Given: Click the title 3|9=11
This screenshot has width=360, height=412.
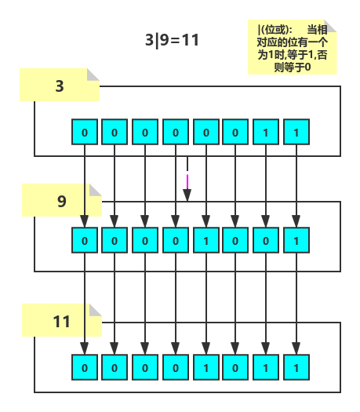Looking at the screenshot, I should tap(172, 39).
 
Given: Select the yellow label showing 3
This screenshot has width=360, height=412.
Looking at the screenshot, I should tap(60, 86).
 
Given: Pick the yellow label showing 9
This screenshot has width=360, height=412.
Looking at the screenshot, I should tap(61, 201).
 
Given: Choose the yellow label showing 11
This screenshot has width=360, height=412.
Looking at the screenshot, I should tap(61, 321).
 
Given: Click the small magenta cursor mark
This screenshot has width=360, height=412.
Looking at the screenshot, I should tap(187, 179).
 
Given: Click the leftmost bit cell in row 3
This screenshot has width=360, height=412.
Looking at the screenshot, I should tap(84, 132).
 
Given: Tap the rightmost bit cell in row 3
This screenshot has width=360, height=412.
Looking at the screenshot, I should tap(296, 132).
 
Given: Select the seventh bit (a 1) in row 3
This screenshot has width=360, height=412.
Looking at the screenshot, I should tap(266, 132).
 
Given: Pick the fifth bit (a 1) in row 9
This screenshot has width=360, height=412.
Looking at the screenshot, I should tap(205, 240).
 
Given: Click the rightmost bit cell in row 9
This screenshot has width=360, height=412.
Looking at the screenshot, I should tap(296, 240).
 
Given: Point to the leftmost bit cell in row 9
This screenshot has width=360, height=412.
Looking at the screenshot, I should tap(84, 240).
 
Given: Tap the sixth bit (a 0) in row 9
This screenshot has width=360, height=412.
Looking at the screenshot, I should tap(235, 240).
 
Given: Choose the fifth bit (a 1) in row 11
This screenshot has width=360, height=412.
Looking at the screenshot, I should tap(205, 367).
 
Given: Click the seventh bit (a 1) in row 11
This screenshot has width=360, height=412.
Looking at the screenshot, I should tap(266, 367).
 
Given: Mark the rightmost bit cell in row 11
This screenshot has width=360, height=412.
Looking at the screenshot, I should tap(296, 367).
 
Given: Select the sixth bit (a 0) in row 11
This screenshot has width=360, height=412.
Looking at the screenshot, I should tap(235, 367).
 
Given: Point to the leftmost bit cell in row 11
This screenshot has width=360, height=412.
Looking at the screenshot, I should tap(84, 367).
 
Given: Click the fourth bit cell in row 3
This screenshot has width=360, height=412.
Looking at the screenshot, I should tap(175, 132).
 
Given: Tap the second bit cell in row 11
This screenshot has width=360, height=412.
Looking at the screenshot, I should tap(115, 367).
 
